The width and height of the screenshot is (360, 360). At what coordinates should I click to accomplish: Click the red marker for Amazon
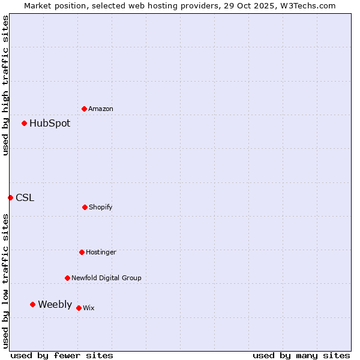coord(84,109)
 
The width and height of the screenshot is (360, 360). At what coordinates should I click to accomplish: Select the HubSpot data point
coord(24,123)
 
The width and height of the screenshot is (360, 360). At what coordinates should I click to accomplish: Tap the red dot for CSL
coord(10,197)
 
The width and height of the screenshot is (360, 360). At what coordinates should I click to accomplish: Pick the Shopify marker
coord(85,207)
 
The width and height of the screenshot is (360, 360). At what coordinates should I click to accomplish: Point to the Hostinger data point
coord(82,252)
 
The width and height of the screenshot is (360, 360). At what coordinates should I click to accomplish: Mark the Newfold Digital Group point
coord(67,278)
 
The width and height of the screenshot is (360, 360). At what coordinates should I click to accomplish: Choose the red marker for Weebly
coord(32,304)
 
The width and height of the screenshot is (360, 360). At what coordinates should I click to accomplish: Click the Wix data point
coord(79,308)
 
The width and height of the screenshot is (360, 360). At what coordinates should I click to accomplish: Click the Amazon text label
coord(101,109)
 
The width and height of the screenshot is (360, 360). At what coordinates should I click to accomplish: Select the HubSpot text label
coord(50,123)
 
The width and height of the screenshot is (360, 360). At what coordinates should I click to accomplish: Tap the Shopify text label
coord(101,207)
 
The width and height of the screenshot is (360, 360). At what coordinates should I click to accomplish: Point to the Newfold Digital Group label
coord(106,278)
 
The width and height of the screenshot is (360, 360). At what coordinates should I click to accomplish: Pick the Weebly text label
coord(55,304)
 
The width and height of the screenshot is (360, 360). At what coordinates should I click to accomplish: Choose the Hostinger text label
coord(101,252)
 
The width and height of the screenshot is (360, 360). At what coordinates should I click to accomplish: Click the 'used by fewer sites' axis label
coord(62,355)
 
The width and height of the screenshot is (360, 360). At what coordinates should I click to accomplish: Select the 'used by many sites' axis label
coord(301,355)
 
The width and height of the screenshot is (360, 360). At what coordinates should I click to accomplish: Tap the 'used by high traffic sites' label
coord(5,85)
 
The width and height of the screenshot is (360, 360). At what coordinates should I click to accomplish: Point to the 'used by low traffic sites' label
coord(5,281)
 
